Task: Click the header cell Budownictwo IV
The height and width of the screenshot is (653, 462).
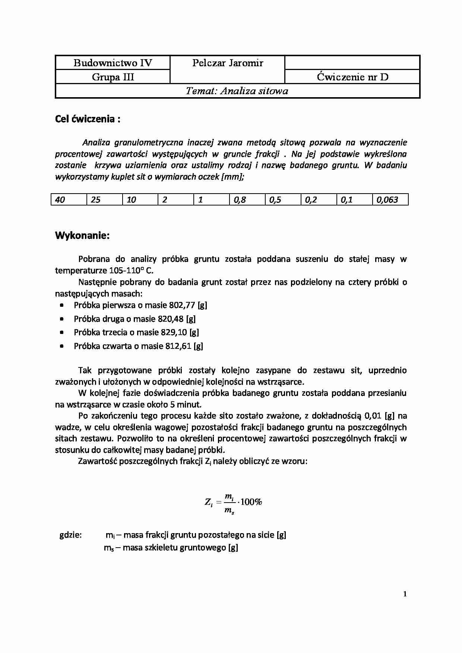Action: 113,63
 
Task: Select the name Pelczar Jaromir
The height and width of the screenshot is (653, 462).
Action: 228,63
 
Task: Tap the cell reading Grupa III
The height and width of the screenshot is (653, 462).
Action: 113,77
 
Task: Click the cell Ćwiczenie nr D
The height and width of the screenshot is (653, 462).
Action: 352,77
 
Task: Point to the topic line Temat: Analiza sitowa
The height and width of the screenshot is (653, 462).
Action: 237,91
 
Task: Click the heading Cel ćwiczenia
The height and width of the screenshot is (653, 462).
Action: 88,119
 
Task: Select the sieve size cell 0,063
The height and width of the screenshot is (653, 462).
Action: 387,200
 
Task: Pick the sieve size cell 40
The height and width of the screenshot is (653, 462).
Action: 60,200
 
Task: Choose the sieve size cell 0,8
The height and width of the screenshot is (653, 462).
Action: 240,200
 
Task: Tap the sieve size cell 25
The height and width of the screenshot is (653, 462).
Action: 96,200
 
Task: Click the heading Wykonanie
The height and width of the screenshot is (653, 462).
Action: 82,236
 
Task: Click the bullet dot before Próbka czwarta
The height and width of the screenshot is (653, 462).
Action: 62,346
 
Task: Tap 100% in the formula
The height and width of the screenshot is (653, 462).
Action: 251,502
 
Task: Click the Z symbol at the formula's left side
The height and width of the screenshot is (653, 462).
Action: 208,502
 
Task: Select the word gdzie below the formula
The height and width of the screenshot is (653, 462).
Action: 70,535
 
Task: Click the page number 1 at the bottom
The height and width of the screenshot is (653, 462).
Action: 405,594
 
